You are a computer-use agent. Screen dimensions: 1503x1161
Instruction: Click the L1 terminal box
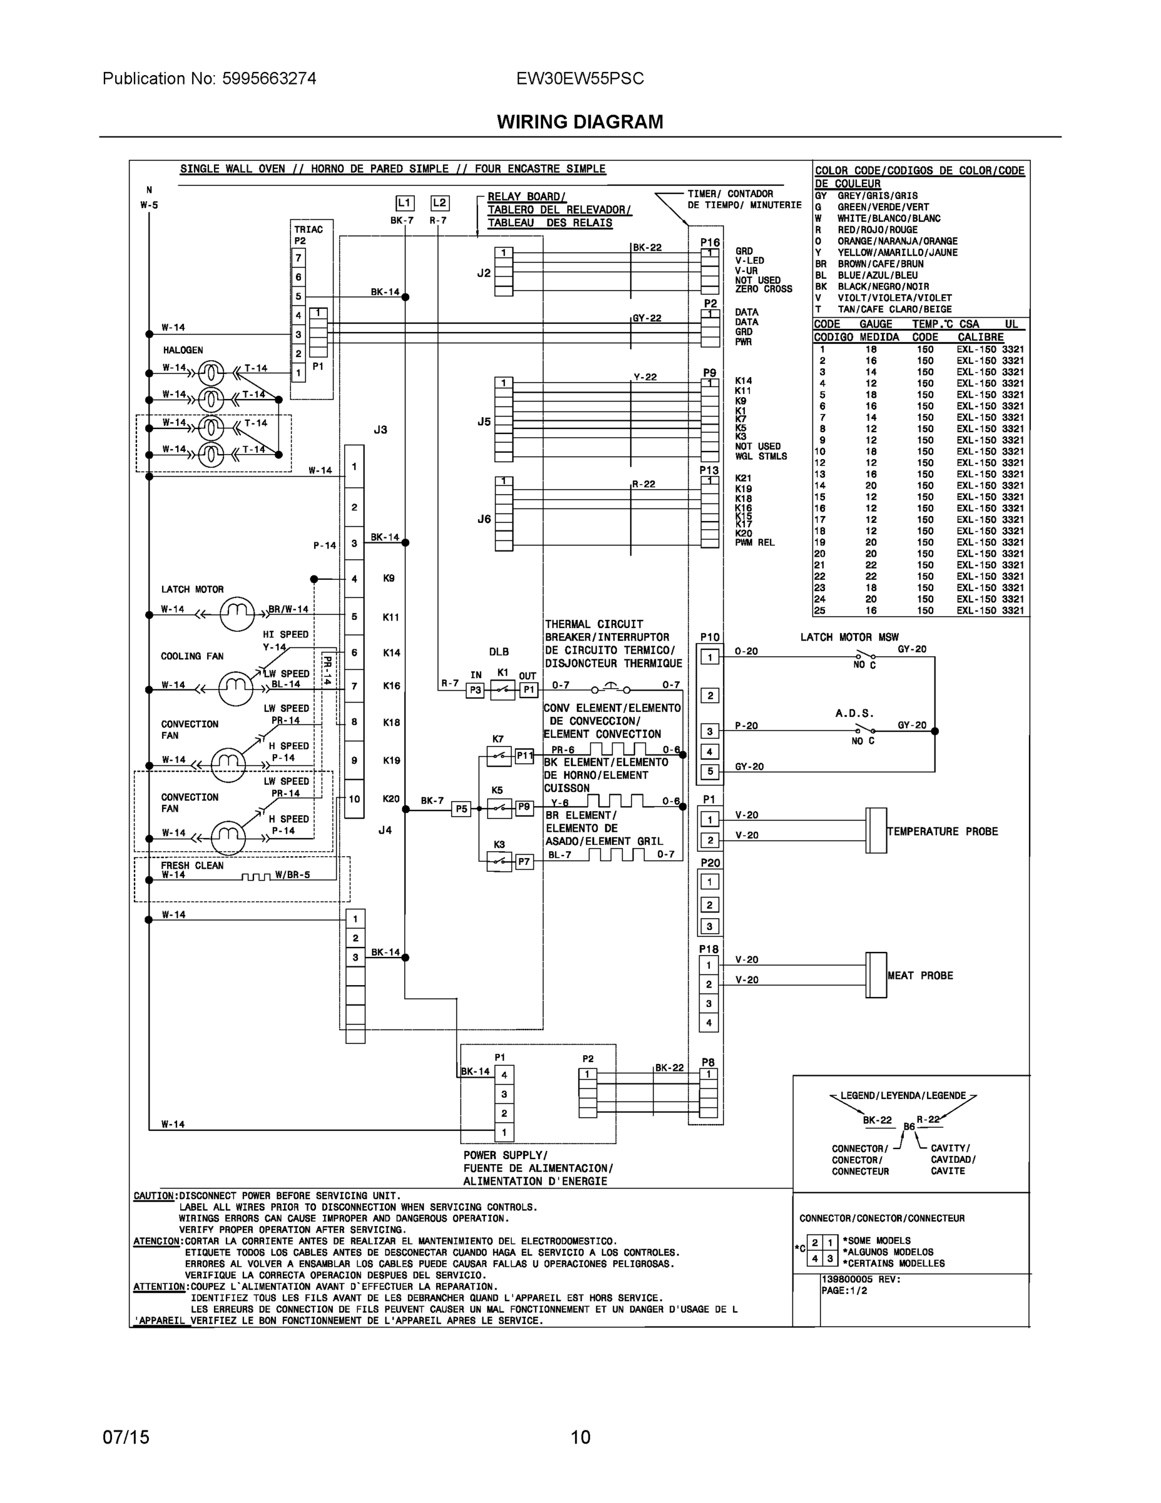[404, 203]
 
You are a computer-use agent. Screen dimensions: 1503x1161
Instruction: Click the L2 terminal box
[439, 203]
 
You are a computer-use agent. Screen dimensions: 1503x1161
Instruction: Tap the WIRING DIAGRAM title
[580, 122]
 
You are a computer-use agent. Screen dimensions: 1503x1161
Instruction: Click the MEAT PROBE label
[919, 976]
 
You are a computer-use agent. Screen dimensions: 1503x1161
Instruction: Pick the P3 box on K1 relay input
[475, 690]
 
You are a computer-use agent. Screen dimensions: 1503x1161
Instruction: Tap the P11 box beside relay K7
[524, 756]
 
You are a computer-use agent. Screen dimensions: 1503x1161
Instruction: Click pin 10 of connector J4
[354, 799]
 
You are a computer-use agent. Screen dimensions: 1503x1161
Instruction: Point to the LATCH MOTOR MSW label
[849, 638]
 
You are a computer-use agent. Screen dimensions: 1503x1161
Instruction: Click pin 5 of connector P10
[710, 772]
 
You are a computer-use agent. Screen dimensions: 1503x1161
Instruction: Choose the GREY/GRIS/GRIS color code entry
[877, 196]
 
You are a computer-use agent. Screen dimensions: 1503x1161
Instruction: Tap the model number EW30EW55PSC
[580, 78]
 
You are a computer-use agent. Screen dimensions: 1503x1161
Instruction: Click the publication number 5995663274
[269, 78]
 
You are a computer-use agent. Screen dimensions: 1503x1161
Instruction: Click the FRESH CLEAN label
[192, 865]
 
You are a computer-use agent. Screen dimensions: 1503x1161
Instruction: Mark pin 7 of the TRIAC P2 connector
[299, 258]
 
